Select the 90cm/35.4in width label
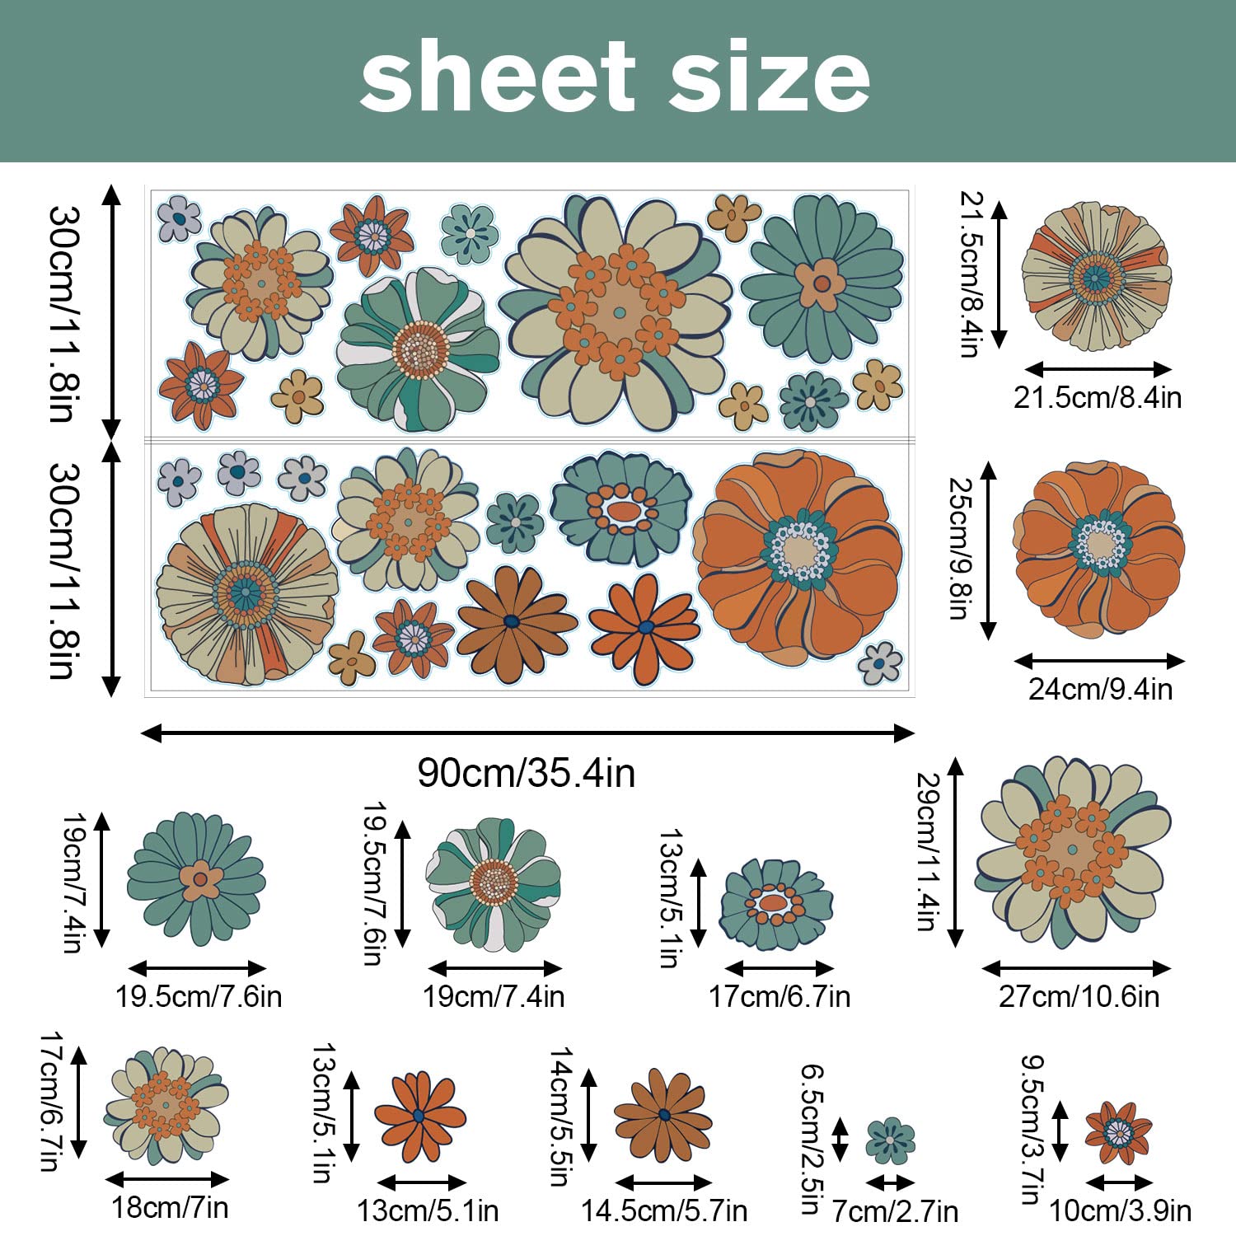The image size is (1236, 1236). pos(527,773)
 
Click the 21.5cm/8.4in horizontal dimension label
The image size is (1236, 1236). pos(1098,397)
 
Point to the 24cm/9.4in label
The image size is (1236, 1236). pos(1100,689)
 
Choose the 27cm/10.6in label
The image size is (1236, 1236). pos(1079,996)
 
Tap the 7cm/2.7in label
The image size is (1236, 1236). pos(895,1211)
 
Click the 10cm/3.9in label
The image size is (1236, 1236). pos(1120,1210)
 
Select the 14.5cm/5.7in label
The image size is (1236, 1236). pos(664,1210)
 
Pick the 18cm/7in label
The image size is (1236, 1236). pos(170,1207)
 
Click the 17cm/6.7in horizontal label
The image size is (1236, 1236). pos(780,996)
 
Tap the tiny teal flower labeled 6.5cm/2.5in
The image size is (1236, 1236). pos(891,1141)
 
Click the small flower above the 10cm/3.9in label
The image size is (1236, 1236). pos(1118,1133)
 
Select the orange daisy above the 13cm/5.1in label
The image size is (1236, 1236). pos(420,1117)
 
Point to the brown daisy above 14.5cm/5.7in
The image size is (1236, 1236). pos(663,1116)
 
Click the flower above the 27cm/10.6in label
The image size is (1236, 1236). pos(1074,852)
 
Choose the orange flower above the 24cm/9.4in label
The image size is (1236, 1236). pos(1099,548)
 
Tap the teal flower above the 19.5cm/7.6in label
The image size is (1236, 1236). pos(196,878)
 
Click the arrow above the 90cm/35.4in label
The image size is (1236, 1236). pos(528,733)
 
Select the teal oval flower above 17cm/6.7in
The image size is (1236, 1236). pos(776,904)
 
